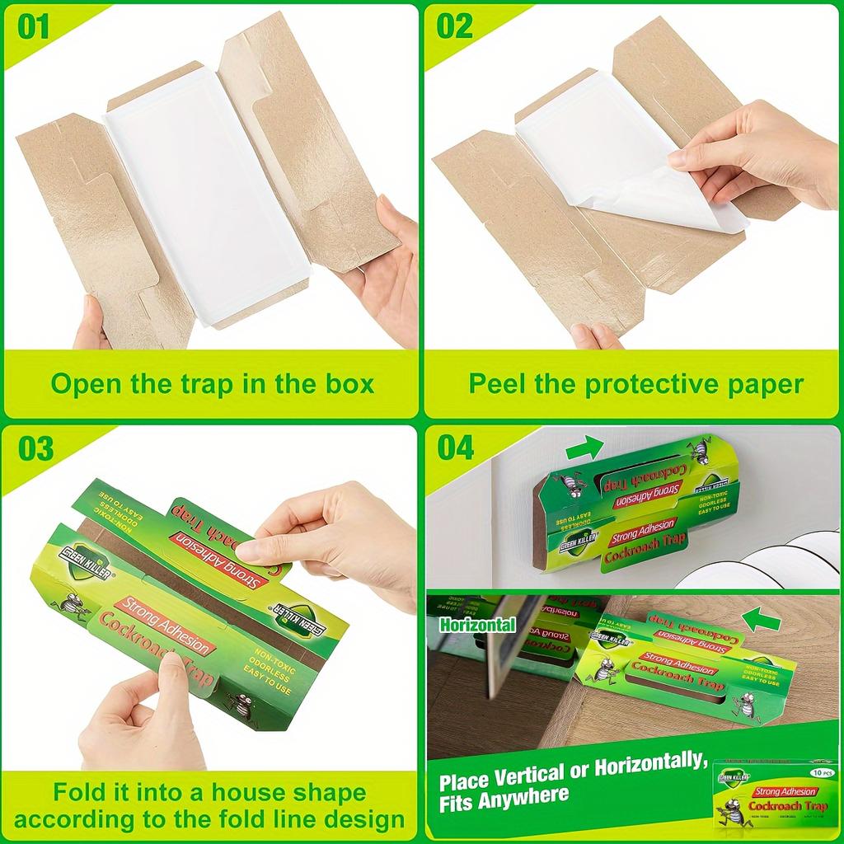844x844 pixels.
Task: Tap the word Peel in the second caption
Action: click(x=500, y=383)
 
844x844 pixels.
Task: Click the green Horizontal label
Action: click(x=477, y=625)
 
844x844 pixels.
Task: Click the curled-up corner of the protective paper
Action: click(x=701, y=206)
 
